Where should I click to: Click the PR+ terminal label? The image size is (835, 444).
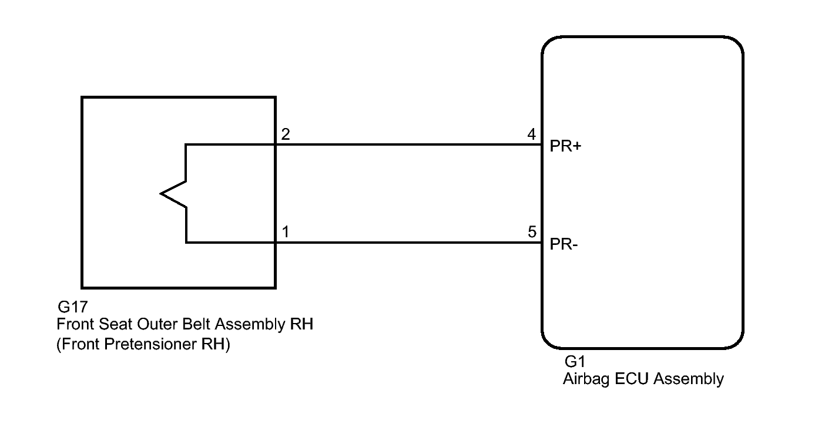pyautogui.click(x=565, y=146)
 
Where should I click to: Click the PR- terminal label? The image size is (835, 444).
pyautogui.click(x=564, y=244)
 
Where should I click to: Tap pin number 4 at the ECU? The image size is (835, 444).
pyautogui.click(x=532, y=134)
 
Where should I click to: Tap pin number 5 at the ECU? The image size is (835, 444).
pyautogui.click(x=532, y=231)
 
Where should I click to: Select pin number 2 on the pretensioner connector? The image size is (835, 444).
pyautogui.click(x=286, y=134)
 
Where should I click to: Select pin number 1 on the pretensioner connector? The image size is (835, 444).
pyautogui.click(x=286, y=231)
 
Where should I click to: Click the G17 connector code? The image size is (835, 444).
pyautogui.click(x=73, y=307)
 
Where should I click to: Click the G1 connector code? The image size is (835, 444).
pyautogui.click(x=575, y=361)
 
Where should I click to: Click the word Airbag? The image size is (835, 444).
pyautogui.click(x=587, y=379)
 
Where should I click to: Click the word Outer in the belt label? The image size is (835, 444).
pyautogui.click(x=155, y=324)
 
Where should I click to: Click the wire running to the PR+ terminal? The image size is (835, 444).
pyautogui.click(x=408, y=144)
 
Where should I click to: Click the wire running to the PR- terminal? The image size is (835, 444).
pyautogui.click(x=408, y=243)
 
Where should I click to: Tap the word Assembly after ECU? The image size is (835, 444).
pyautogui.click(x=689, y=379)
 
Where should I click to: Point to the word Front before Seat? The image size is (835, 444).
pyautogui.click(x=76, y=324)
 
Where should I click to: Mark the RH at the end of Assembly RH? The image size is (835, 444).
pyautogui.click(x=301, y=324)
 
